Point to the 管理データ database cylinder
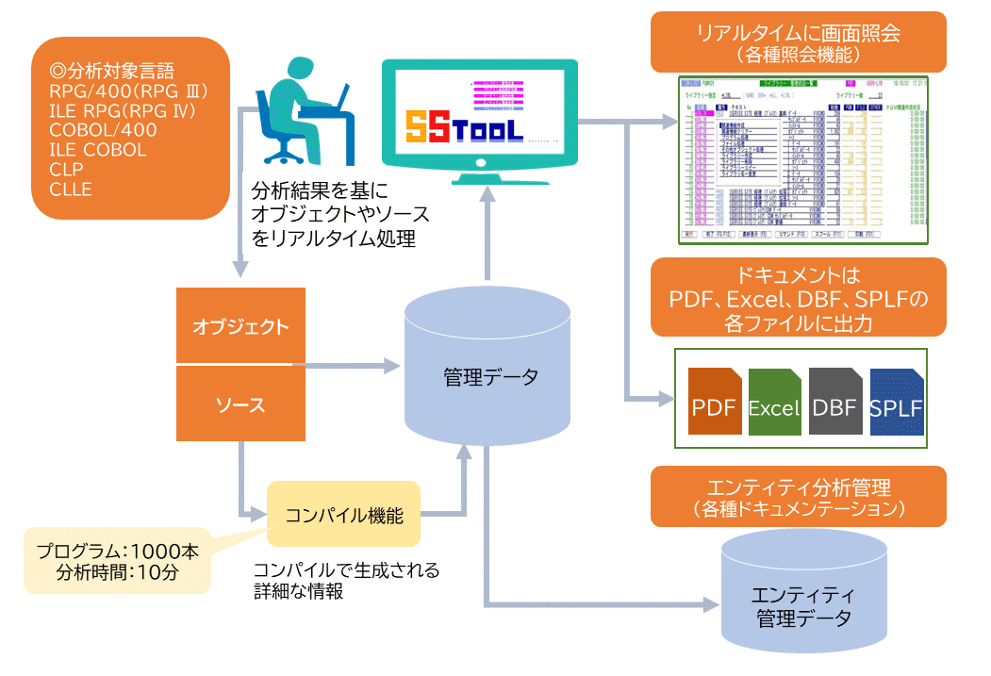click(x=488, y=377)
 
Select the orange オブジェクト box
click(x=240, y=327)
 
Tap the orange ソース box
click(x=240, y=405)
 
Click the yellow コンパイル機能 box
click(x=343, y=515)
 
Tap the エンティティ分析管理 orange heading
click(x=798, y=497)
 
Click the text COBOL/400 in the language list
click(x=103, y=129)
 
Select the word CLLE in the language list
click(x=71, y=189)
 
